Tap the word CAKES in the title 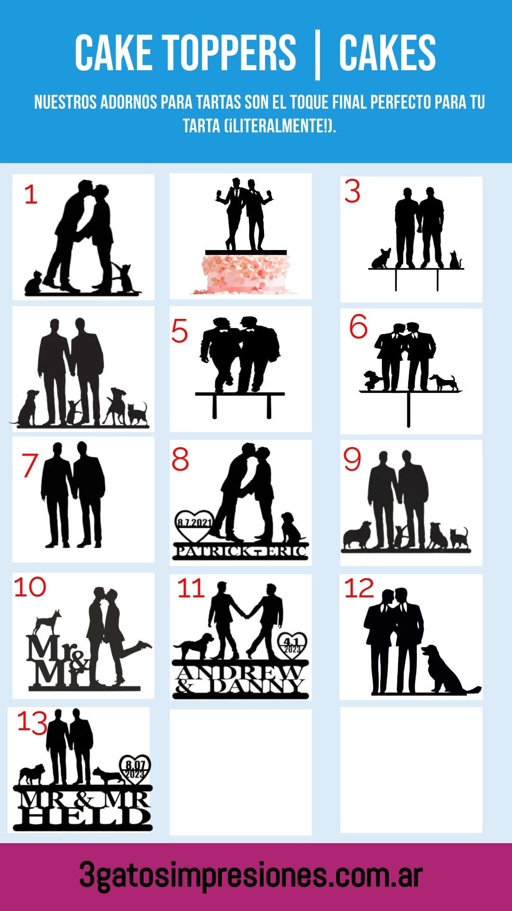point(387,53)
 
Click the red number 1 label point(31,195)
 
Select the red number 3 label point(352,192)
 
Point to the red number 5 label point(180,331)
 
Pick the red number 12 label point(359,588)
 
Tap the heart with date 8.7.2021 point(194,525)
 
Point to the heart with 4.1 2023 point(292,646)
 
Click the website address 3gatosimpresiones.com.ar point(251,875)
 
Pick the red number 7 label point(29,465)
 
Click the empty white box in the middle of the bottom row point(240,772)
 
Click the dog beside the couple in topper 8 point(290,528)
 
